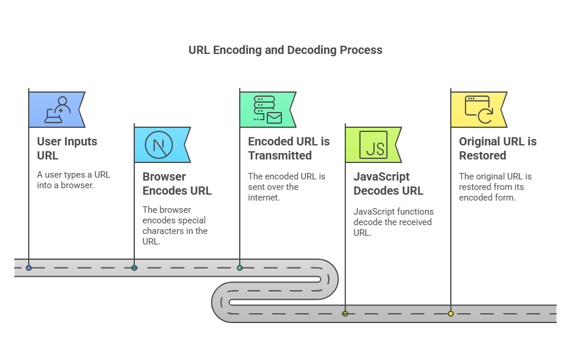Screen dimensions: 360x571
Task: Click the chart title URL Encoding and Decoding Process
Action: (285, 50)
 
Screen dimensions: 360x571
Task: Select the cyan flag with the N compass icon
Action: (161, 145)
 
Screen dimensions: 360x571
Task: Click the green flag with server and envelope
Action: (267, 110)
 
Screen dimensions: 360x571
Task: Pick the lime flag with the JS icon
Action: (372, 145)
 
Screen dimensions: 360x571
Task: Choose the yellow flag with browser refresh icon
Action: (478, 110)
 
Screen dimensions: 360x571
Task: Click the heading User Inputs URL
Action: (67, 148)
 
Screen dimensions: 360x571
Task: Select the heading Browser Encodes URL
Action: (177, 184)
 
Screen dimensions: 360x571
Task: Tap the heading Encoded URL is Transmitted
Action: (288, 148)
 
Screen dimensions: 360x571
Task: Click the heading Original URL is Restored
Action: (497, 148)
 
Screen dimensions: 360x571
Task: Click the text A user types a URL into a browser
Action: (73, 180)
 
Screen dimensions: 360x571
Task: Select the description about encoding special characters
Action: (175, 226)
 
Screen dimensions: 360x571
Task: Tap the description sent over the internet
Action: (286, 187)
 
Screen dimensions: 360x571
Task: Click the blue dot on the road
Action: (29, 268)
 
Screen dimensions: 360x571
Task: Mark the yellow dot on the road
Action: (451, 314)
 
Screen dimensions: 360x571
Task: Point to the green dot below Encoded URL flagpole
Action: (240, 268)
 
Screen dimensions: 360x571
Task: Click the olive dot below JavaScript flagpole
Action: (345, 314)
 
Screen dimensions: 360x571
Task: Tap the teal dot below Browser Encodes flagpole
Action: (134, 268)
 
